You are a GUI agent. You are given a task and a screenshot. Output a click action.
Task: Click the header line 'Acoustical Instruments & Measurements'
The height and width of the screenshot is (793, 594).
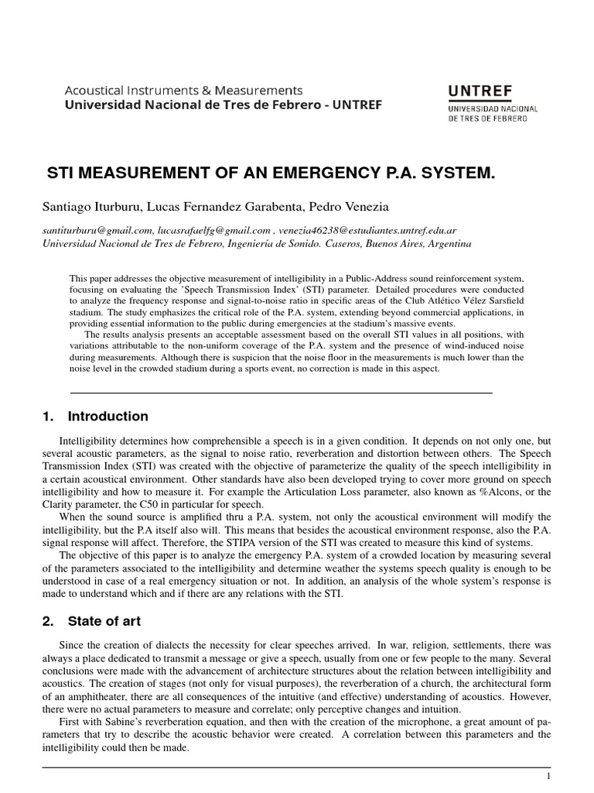(x=183, y=90)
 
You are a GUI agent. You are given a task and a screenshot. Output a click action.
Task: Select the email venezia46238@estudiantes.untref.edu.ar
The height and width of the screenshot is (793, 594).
(x=367, y=230)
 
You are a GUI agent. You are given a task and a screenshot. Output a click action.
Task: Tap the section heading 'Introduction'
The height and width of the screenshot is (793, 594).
(x=108, y=417)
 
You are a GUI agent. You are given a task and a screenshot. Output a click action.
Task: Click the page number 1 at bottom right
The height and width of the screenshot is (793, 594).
(x=548, y=776)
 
